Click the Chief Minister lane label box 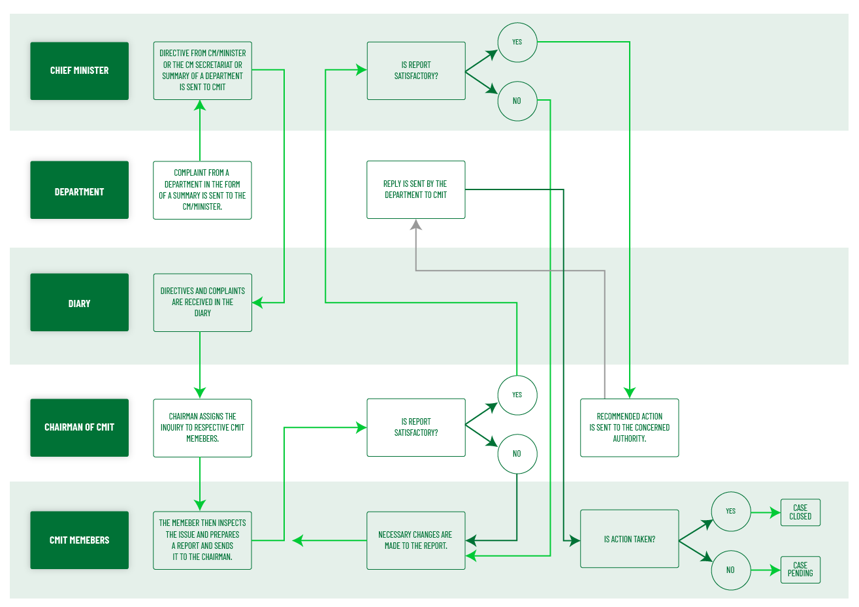(79, 71)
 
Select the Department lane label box (79, 190)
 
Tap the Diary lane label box (79, 303)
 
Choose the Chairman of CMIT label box (79, 427)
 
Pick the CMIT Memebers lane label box (79, 540)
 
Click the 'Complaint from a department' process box (202, 189)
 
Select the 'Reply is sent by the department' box (415, 189)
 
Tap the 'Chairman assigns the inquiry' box (202, 427)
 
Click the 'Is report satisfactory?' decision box (415, 427)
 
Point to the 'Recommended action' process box (629, 427)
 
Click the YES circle (517, 395)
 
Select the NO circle (517, 453)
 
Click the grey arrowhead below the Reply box (415, 225)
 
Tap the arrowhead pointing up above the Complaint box (200, 105)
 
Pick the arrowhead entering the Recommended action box (629, 392)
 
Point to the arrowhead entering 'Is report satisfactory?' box (361, 427)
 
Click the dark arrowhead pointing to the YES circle (491, 408)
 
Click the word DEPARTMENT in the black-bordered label (79, 192)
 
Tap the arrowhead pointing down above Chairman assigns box (200, 392)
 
